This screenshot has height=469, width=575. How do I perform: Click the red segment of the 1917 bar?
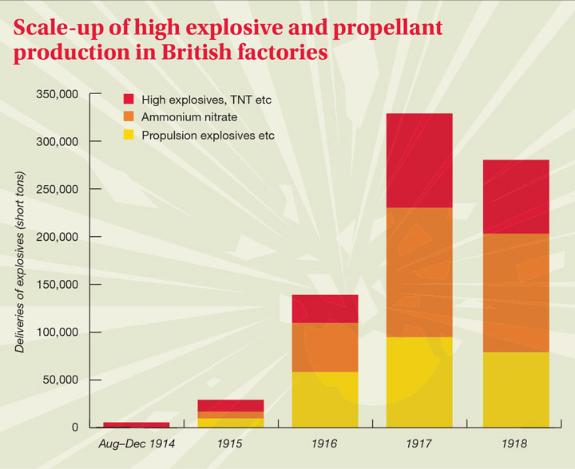click(x=419, y=160)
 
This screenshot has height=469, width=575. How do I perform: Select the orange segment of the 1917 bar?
click(x=419, y=272)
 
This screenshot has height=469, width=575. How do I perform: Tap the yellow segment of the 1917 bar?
click(x=419, y=382)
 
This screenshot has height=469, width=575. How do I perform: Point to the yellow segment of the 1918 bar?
click(x=515, y=389)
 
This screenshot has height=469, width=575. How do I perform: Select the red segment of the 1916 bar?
click(x=325, y=309)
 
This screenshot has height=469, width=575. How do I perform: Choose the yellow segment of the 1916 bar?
click(x=325, y=399)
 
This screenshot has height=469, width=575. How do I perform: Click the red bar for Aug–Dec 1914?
click(x=137, y=425)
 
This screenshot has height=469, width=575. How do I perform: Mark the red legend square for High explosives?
click(x=128, y=100)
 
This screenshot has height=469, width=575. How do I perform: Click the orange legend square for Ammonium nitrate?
click(x=128, y=117)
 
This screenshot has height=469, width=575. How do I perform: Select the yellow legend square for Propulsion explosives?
click(x=128, y=135)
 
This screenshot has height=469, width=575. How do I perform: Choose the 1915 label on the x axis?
click(x=231, y=441)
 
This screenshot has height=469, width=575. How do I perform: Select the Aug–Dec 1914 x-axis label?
click(x=137, y=441)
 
